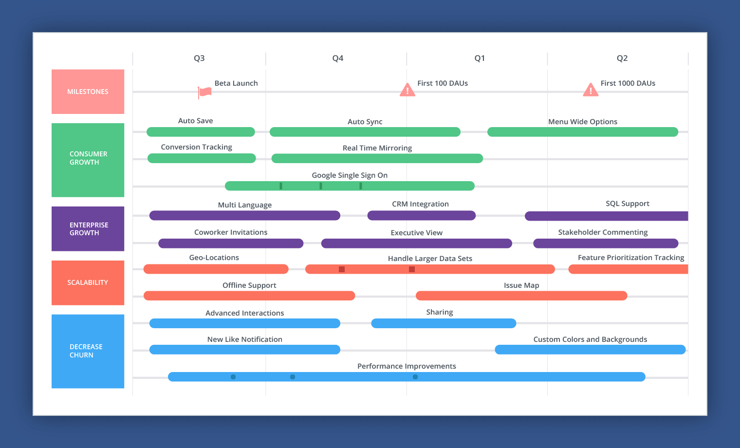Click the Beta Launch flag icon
click(204, 92)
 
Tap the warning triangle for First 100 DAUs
click(407, 90)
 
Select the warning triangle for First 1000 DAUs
click(591, 90)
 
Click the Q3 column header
click(199, 58)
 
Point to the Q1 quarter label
click(480, 58)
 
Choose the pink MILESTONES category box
click(88, 92)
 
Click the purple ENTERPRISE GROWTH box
click(88, 229)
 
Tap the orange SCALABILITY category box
click(88, 282)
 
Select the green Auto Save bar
click(201, 132)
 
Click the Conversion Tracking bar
click(202, 158)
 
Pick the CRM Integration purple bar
click(422, 216)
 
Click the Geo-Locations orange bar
click(216, 269)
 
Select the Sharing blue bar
click(444, 323)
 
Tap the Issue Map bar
click(521, 296)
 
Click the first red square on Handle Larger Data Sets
click(342, 269)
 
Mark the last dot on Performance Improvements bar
click(415, 377)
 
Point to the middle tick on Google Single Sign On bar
click(321, 186)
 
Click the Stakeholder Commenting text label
click(603, 232)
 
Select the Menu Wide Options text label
click(583, 122)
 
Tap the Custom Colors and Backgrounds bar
click(590, 350)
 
